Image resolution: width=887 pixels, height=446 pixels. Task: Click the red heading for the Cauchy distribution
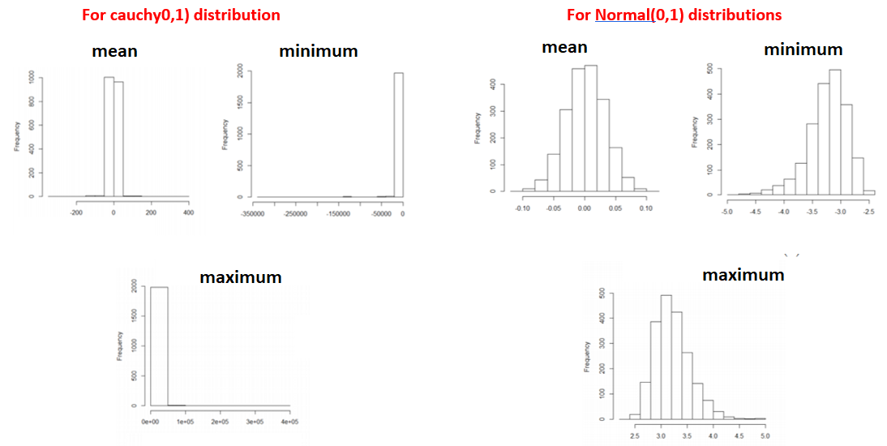point(182,15)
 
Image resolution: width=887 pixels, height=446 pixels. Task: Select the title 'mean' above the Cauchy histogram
point(114,51)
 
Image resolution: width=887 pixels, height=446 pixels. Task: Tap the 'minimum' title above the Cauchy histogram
point(318,51)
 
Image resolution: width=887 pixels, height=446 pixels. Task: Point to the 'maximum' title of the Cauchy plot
point(241,277)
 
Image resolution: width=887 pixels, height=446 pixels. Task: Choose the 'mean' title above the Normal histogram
point(564,47)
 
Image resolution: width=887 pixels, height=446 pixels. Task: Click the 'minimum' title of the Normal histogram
point(803,49)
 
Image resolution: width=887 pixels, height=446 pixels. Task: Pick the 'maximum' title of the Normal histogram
point(743,275)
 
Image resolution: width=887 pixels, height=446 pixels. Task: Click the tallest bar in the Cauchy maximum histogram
point(158,345)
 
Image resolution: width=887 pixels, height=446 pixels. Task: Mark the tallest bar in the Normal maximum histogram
point(666,357)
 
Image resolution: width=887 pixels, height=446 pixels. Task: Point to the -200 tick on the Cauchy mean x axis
point(76,212)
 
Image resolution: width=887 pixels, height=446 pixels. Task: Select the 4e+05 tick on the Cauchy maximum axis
point(289,422)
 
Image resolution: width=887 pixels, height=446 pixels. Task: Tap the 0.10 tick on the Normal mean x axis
point(645,208)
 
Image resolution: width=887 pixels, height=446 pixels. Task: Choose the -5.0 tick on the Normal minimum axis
point(726,211)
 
